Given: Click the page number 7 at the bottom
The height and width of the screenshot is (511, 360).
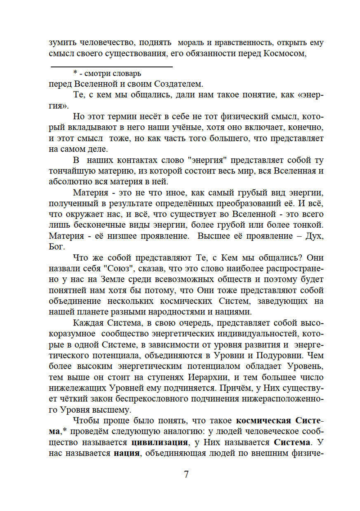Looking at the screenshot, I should tap(186, 474).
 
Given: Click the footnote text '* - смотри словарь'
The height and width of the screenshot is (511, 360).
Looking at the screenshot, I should tap(107, 73).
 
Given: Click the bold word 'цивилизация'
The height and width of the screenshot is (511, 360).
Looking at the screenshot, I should tap(159, 442).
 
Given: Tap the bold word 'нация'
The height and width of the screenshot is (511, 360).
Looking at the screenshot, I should tap(126, 453).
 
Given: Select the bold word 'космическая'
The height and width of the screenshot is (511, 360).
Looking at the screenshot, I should tap(263, 421).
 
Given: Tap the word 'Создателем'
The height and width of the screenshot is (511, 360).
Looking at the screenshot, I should tap(179, 84).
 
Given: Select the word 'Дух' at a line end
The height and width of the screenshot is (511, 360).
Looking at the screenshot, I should tap(314, 236).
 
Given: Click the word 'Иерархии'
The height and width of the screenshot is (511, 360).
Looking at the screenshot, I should tap(208, 377).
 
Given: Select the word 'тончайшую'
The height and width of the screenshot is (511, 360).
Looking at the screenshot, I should tap(71, 171).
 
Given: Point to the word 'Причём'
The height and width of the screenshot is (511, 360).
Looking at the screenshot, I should tap(238, 388).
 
